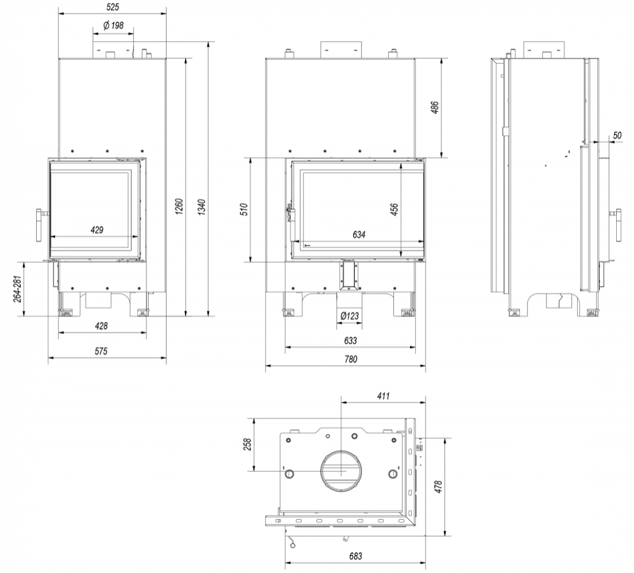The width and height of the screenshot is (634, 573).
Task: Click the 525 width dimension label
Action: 113,7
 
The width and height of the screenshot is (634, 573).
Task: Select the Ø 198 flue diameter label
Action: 113,26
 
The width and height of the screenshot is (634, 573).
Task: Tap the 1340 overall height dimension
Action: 203,207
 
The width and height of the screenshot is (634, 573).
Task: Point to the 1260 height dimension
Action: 180,207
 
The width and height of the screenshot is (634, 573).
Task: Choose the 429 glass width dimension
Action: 97,230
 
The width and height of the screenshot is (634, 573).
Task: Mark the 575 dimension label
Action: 101,351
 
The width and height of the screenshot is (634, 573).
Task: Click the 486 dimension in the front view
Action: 435,108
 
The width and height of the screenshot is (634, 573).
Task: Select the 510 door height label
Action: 244,210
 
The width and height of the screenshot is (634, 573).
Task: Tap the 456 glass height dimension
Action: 394,209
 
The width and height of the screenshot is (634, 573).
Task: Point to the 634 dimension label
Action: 359,234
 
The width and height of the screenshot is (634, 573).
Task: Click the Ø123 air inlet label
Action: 349,316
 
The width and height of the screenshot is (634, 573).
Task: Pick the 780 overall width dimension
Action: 350,359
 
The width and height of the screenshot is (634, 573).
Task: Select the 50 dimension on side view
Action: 617,135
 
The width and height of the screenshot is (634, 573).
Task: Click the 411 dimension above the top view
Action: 383,396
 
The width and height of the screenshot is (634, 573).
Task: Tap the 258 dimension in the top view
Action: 248,444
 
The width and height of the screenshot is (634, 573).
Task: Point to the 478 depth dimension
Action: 439,487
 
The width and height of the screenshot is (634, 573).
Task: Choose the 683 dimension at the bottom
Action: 355,556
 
